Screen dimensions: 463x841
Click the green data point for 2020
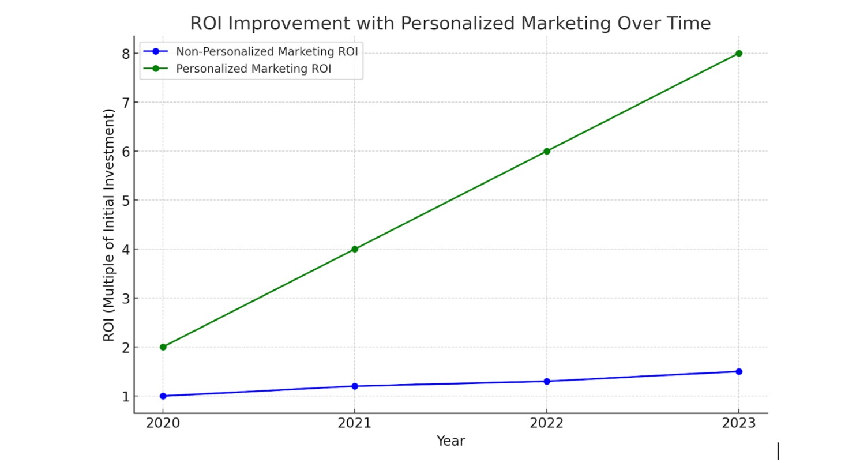[163, 347]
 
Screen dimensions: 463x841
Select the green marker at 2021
[355, 249]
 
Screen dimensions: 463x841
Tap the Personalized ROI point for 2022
[547, 151]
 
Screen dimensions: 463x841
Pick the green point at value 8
[738, 53]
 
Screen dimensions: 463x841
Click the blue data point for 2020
[163, 396]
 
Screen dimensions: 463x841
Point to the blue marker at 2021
[355, 386]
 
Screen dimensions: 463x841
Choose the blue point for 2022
[547, 381]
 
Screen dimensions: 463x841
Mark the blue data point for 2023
[738, 371]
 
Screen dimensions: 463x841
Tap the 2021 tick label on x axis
[355, 423]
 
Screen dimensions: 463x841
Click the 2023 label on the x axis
[738, 423]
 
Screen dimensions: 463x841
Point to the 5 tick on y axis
[125, 201]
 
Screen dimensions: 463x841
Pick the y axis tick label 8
[125, 54]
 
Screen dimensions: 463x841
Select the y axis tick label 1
[125, 397]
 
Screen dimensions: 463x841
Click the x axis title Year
[450, 442]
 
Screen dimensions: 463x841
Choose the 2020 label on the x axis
[163, 423]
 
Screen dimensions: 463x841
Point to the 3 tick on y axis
[125, 299]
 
